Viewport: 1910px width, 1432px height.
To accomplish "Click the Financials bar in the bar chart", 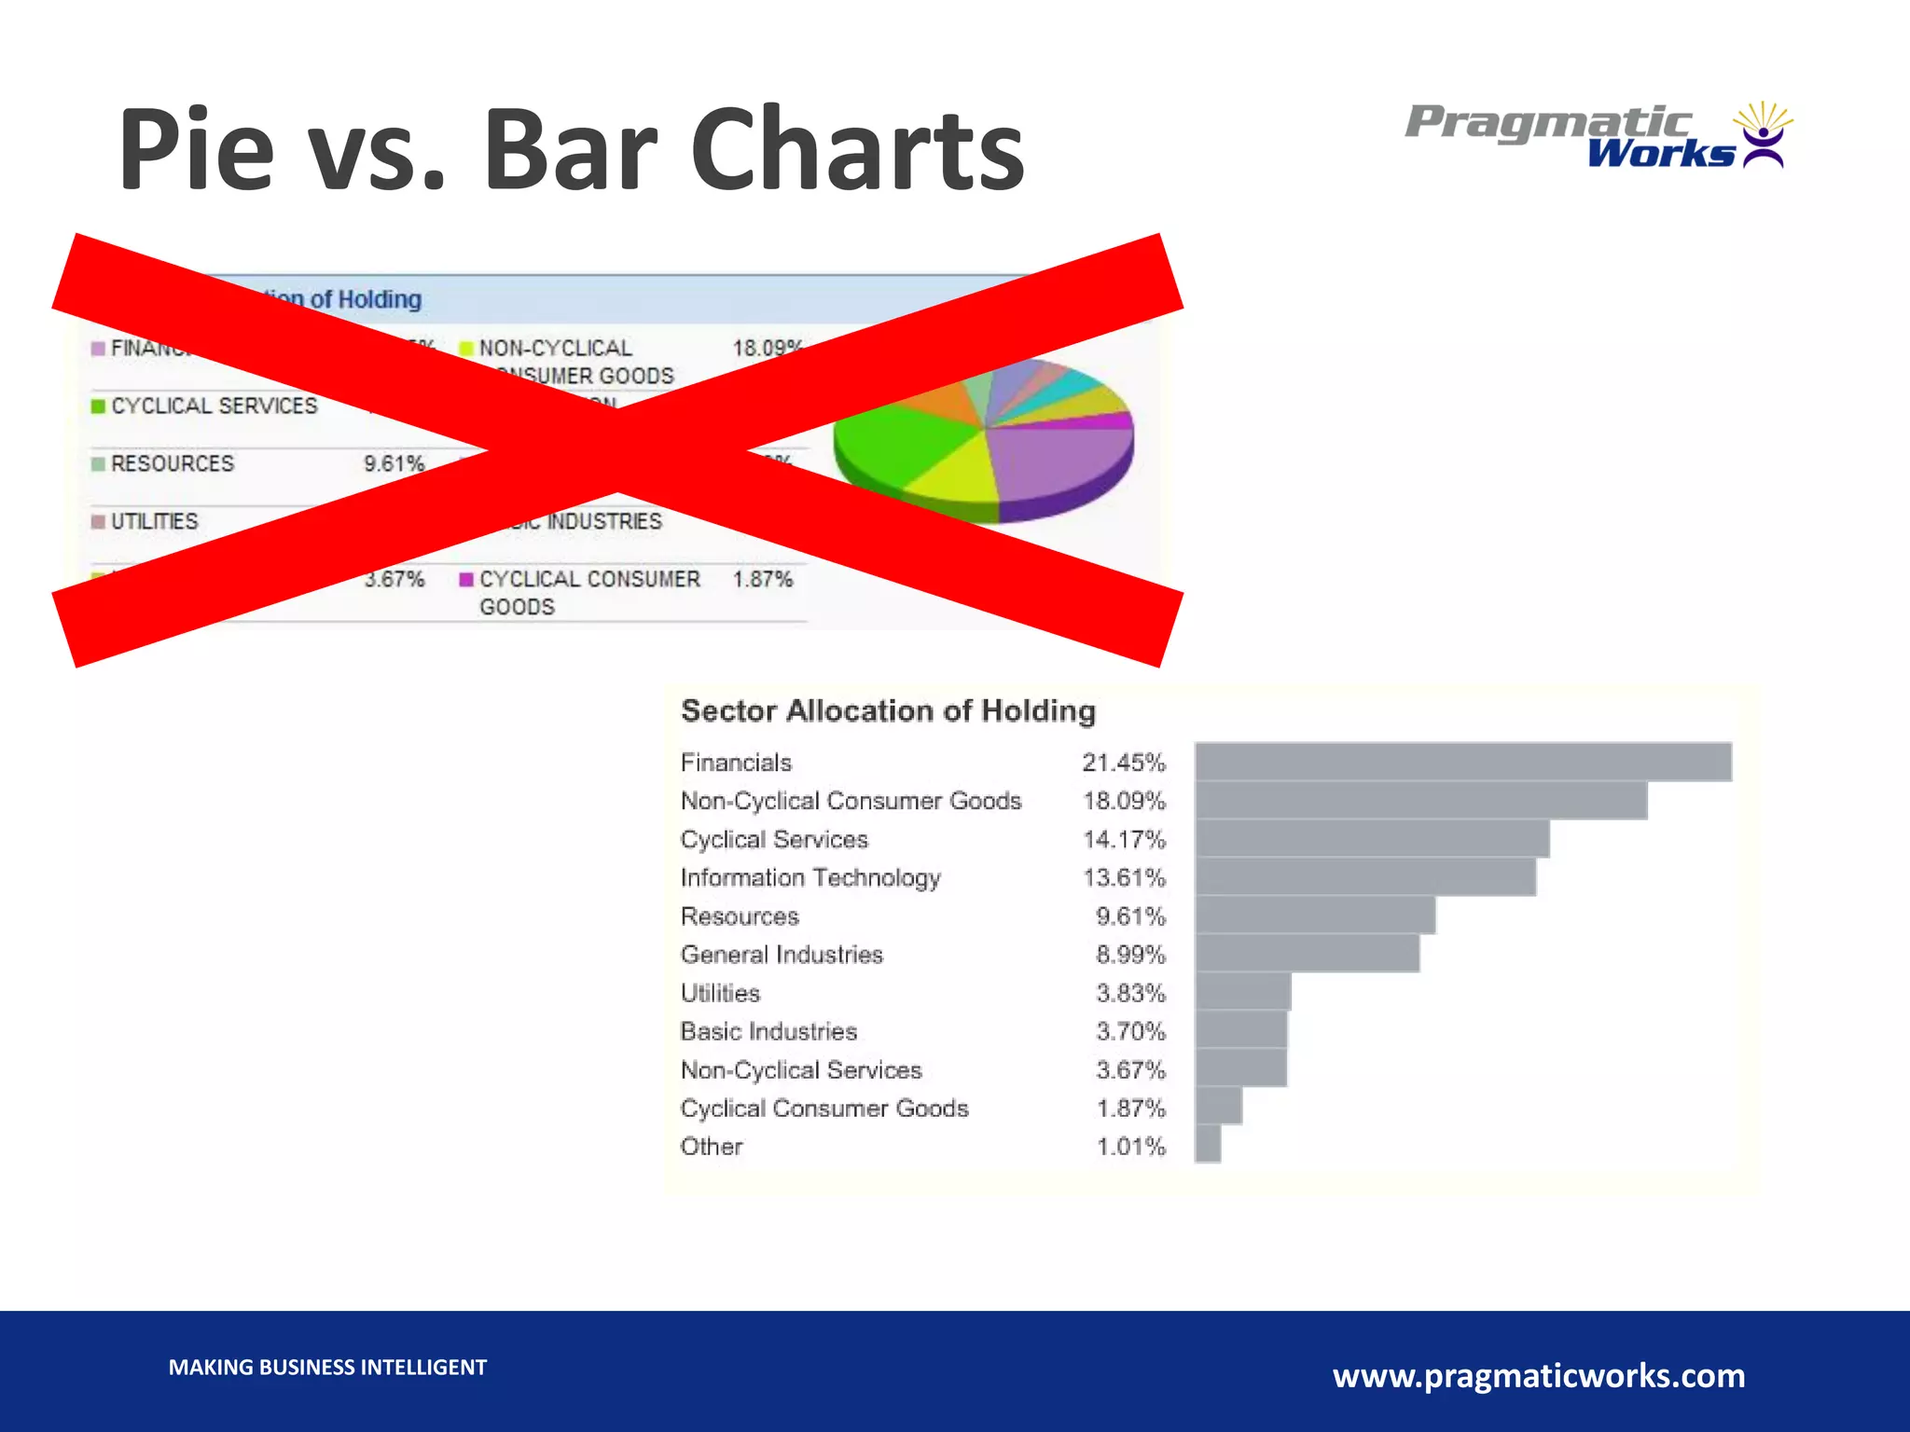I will pos(1462,762).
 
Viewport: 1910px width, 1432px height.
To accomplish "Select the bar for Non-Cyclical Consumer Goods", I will pos(1420,801).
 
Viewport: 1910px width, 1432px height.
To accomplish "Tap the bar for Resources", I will pos(1315,916).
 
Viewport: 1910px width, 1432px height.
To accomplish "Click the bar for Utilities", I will pos(1243,992).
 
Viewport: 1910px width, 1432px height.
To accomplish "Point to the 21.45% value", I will pos(1124,763).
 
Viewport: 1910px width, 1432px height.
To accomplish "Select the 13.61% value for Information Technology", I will pos(1124,877).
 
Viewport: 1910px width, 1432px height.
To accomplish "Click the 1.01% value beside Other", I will pos(1130,1146).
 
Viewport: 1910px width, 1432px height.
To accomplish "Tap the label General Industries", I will pos(782,955).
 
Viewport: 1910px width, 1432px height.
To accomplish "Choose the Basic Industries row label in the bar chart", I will pos(768,1031).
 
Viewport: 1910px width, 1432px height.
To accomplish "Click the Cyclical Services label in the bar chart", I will pos(774,839).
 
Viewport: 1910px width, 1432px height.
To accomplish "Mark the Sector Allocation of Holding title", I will pos(888,710).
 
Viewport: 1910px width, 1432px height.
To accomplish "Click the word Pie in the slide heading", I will pos(197,149).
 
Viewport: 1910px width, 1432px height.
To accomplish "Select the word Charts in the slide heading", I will pos(856,149).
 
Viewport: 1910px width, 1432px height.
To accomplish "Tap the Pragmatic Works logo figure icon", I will pos(1763,136).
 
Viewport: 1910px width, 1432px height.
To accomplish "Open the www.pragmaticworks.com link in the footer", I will pos(1539,1376).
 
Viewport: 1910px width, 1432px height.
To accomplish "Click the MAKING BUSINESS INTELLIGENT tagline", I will pos(327,1368).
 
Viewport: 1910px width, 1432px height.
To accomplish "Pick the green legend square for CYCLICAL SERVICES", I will pos(98,406).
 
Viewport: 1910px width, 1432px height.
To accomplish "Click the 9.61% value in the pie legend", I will pos(394,463).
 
